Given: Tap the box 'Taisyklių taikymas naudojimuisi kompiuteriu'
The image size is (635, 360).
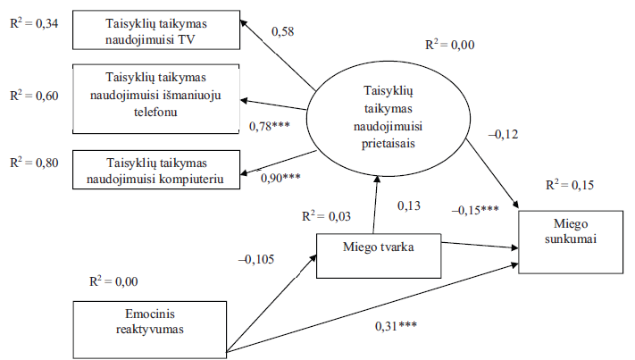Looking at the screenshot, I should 159,170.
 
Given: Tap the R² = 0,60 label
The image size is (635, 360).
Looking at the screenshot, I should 33,96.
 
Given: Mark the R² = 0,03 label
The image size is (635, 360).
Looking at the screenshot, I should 325,215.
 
